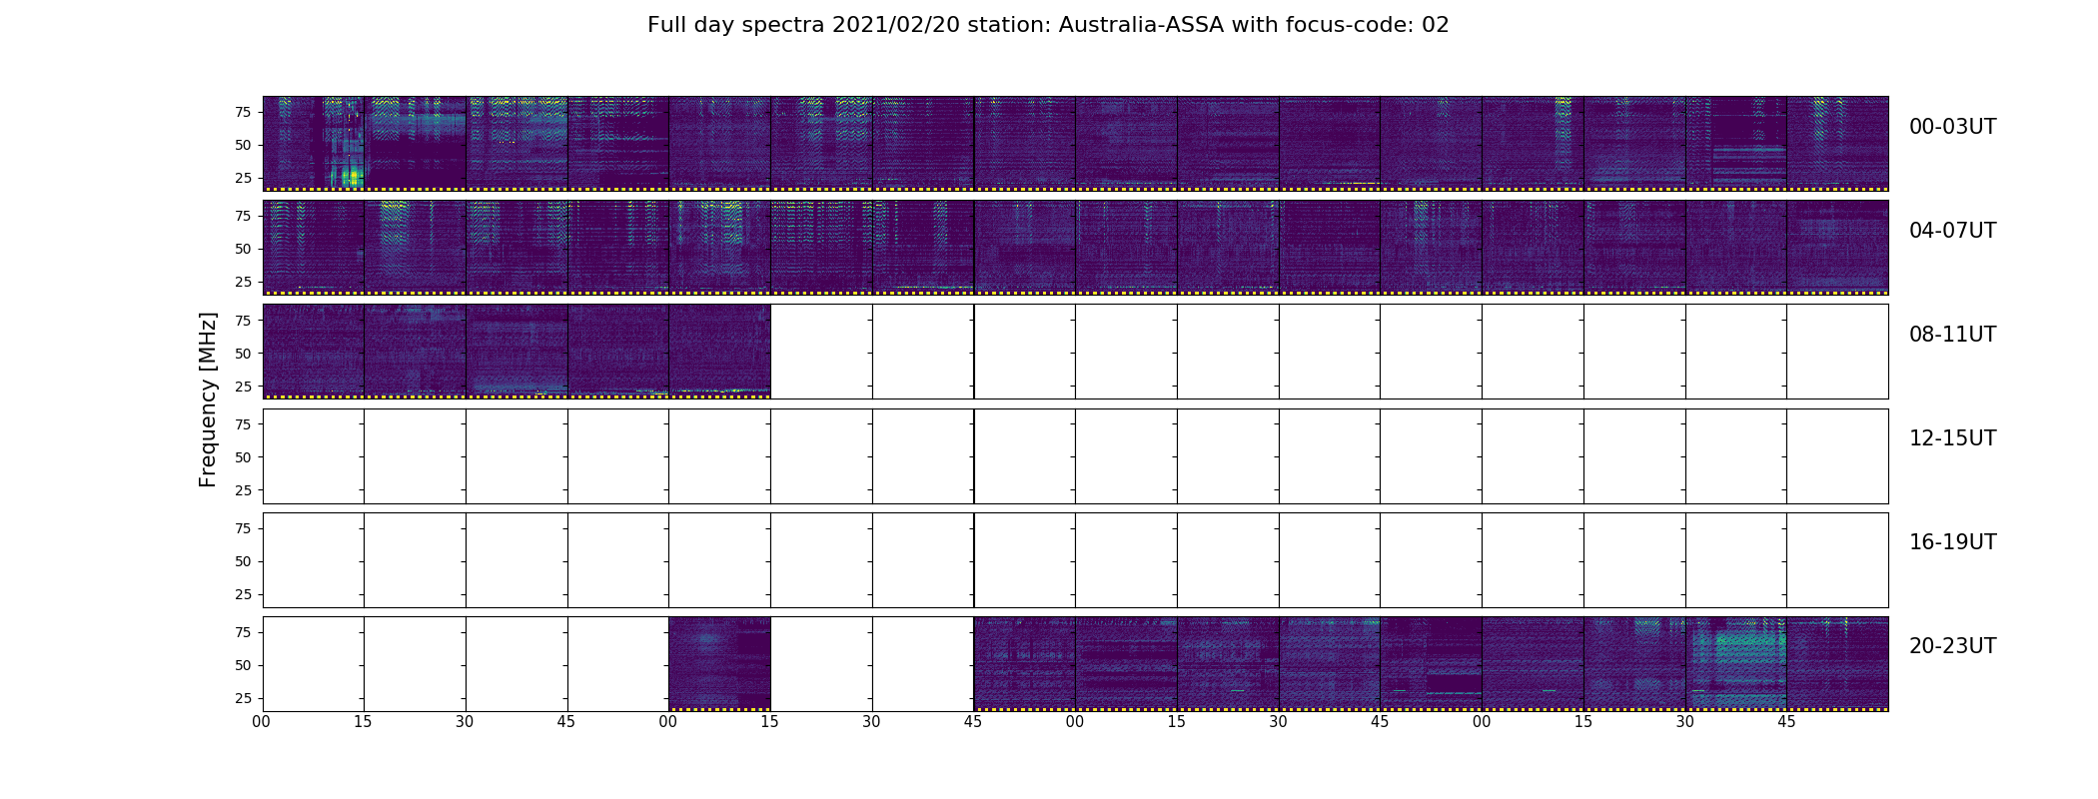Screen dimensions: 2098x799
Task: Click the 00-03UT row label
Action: click(1952, 127)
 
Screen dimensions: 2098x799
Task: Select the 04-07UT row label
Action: click(1952, 231)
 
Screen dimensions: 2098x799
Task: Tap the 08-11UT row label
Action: click(1952, 335)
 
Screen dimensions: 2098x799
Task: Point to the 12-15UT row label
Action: click(1952, 438)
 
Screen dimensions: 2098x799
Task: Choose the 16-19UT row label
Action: click(1952, 542)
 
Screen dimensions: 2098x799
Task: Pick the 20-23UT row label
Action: click(1952, 646)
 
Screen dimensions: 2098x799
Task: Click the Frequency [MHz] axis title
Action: click(208, 399)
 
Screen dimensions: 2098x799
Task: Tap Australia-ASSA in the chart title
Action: click(1141, 25)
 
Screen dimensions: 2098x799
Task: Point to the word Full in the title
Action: click(665, 25)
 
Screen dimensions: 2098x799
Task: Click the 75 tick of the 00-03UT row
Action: click(242, 112)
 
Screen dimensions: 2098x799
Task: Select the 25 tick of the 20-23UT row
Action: click(242, 698)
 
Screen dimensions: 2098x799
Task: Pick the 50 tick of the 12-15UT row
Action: click(242, 457)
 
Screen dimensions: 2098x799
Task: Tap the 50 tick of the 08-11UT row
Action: click(242, 354)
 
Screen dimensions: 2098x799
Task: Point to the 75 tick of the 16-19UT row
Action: click(242, 528)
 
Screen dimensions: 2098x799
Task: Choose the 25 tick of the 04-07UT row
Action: click(242, 282)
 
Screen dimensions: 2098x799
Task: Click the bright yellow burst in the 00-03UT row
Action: click(350, 177)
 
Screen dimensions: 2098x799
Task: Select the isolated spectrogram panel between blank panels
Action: click(719, 663)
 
